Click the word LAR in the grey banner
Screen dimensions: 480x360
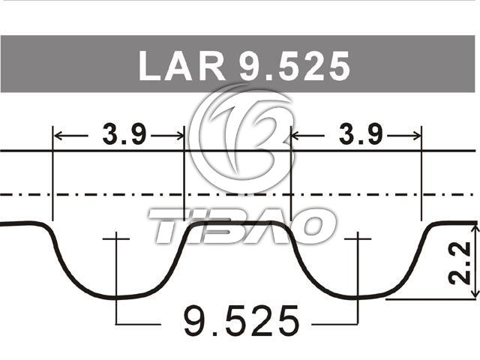pyautogui.click(x=181, y=66)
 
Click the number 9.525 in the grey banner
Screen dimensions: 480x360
pyautogui.click(x=295, y=66)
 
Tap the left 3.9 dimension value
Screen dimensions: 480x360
pyautogui.click(x=124, y=134)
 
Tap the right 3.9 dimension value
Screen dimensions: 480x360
pyautogui.click(x=361, y=134)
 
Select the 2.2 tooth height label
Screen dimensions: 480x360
pyautogui.click(x=458, y=262)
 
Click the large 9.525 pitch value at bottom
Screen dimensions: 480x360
pyautogui.click(x=241, y=321)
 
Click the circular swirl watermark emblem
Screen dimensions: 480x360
pyautogui.click(x=241, y=135)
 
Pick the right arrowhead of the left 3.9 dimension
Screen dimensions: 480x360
pyautogui.click(x=179, y=135)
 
